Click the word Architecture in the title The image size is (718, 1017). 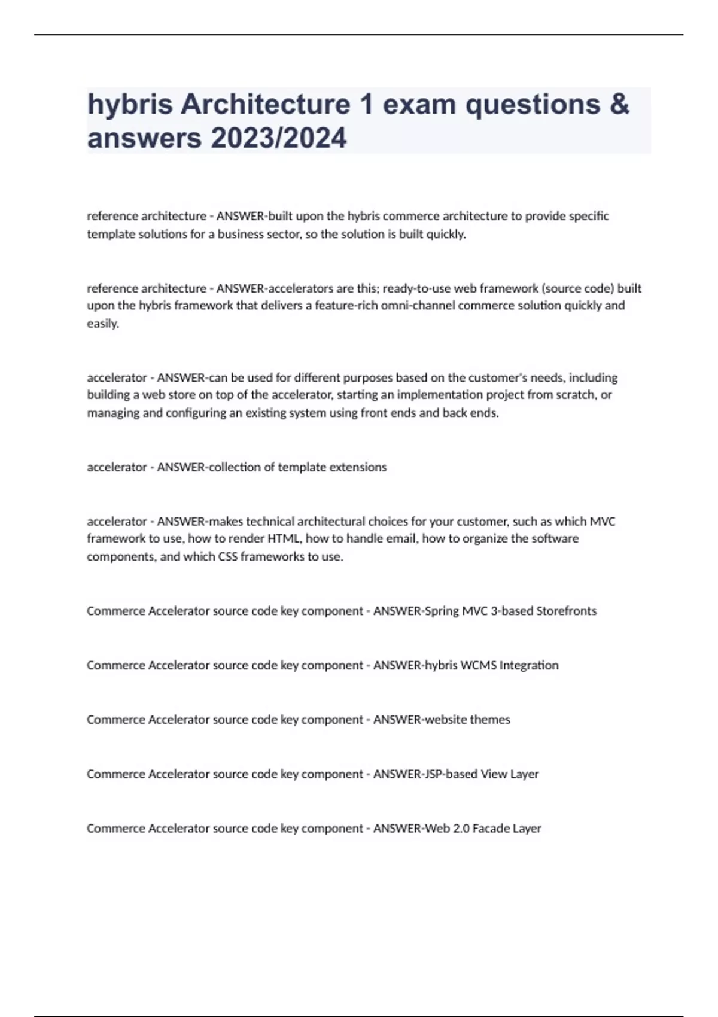point(265,105)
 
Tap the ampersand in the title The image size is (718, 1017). point(619,105)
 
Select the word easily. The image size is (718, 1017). point(103,324)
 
